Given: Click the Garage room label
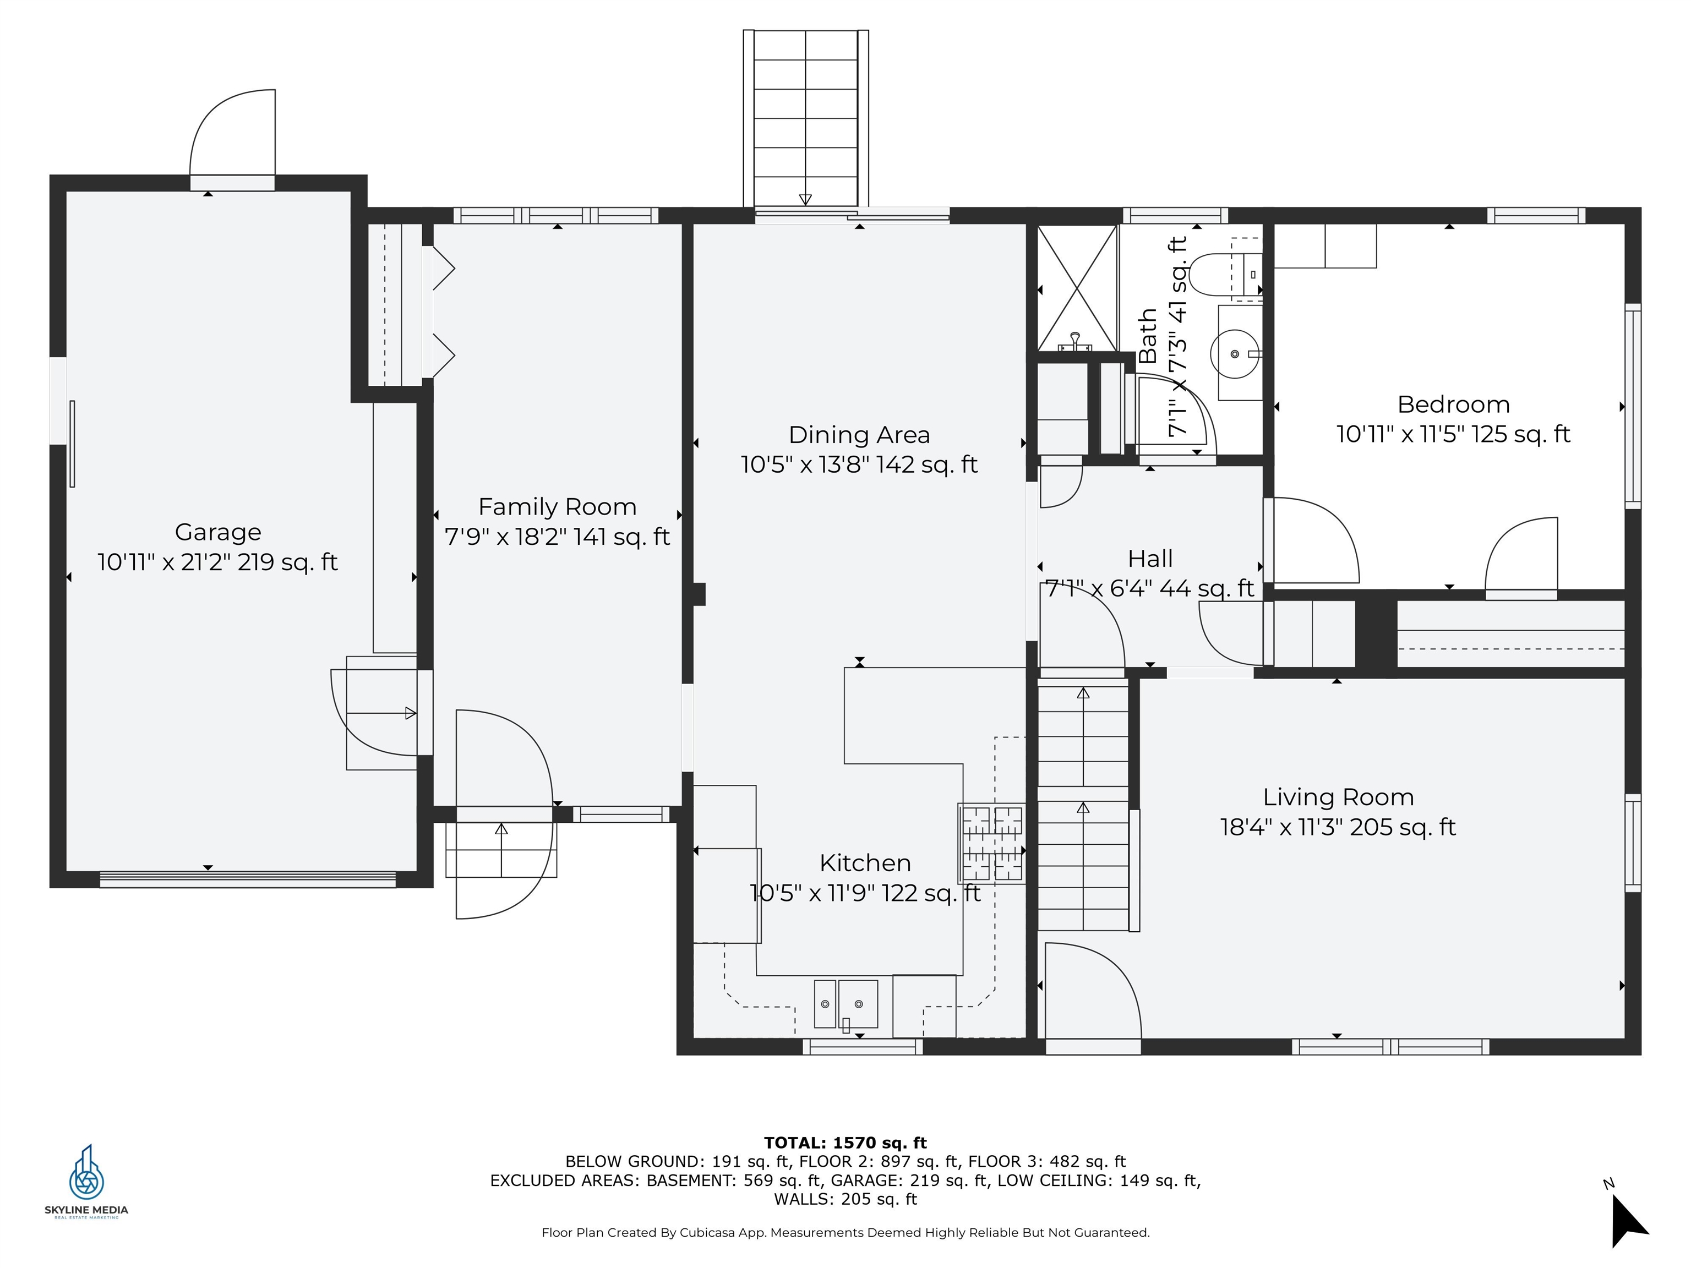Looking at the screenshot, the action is click(x=218, y=532).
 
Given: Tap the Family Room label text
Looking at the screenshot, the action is click(x=557, y=507).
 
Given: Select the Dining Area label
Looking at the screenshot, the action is click(x=859, y=435).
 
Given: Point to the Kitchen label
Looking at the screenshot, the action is click(x=865, y=863).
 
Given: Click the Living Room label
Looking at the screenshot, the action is click(x=1338, y=797).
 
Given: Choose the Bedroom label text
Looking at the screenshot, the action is click(x=1453, y=405).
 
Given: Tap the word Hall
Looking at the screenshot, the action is click(x=1150, y=559).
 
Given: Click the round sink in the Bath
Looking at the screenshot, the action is click(x=1235, y=354).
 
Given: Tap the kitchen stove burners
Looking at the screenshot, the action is click(x=991, y=843).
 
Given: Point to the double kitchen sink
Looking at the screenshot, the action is click(x=845, y=1004).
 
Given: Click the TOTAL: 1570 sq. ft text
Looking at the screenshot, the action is click(x=845, y=1143).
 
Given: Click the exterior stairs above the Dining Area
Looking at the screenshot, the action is click(x=806, y=118).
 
